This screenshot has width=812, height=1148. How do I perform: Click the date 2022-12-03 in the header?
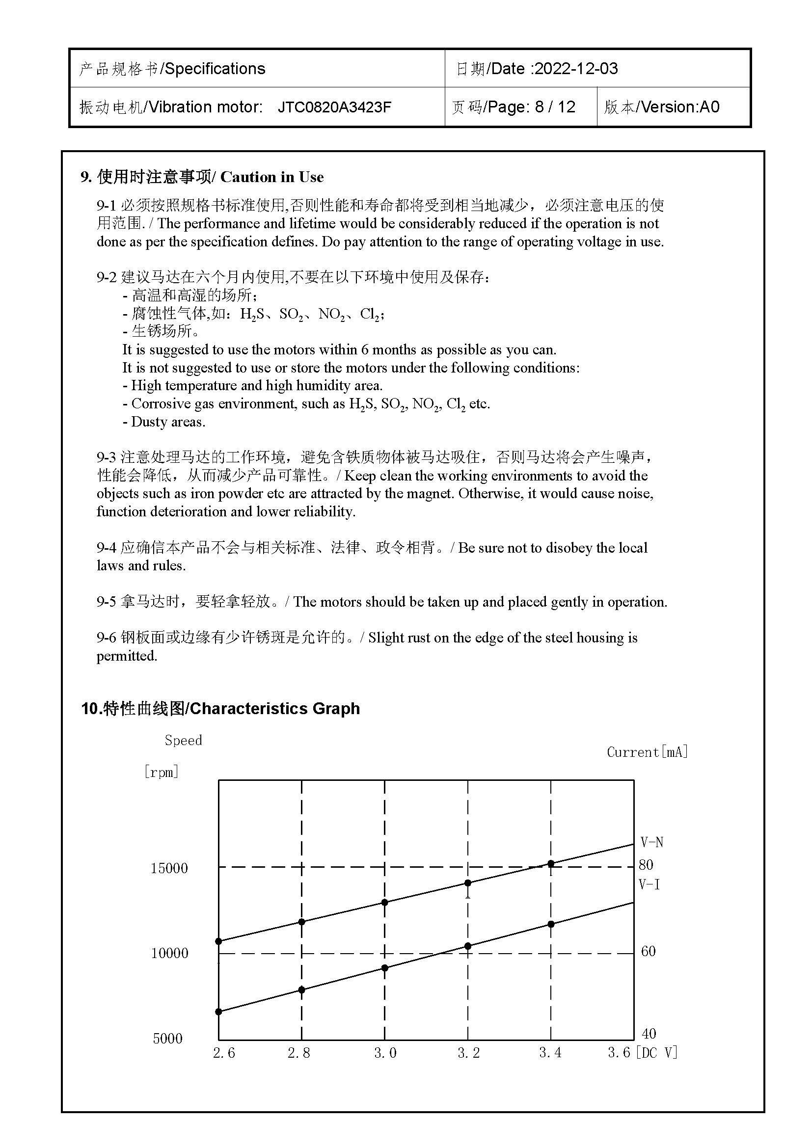576,69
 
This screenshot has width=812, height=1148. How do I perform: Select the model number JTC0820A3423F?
334,107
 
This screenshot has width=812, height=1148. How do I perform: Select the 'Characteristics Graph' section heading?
274,709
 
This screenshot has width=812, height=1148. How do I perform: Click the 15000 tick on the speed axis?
169,868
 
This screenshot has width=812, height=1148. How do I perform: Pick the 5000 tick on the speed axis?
167,1039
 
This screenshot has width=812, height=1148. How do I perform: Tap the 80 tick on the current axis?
646,865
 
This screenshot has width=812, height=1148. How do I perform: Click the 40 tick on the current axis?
649,1034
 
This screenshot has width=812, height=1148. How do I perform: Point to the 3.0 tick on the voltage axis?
385,1053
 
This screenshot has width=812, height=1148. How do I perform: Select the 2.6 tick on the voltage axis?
223,1053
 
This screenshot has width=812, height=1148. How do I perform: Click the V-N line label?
652,843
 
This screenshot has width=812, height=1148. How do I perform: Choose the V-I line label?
650,884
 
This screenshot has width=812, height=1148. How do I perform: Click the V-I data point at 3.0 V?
385,968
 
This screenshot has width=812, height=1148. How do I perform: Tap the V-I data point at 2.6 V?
218,1012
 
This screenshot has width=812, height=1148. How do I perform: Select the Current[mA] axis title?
648,752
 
